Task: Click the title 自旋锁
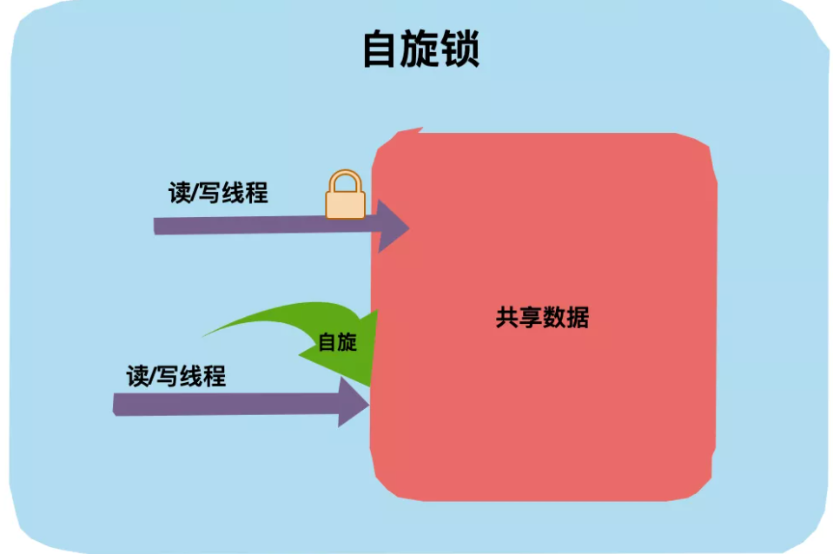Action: (420, 50)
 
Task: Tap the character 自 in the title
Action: (381, 50)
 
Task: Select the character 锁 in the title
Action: (460, 50)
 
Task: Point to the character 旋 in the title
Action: (420, 50)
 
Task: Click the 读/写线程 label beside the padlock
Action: (218, 193)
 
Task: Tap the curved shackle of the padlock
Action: (345, 180)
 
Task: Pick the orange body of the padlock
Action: (345, 204)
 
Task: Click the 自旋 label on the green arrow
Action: (337, 342)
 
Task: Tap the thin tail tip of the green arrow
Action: (207, 333)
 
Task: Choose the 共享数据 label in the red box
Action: (542, 318)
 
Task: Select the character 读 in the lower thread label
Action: (137, 376)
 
